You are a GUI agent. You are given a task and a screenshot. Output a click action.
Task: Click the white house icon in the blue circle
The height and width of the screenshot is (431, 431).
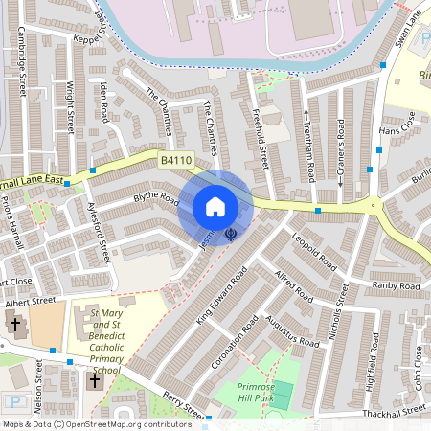(x=215, y=207)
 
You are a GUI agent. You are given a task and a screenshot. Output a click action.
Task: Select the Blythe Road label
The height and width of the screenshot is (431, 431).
(x=156, y=202)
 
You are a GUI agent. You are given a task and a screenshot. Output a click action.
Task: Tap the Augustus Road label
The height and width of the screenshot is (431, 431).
(x=293, y=330)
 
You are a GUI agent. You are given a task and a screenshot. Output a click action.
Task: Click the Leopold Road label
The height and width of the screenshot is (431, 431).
(x=315, y=250)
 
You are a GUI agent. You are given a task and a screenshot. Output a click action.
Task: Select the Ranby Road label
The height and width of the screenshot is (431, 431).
(x=396, y=286)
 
